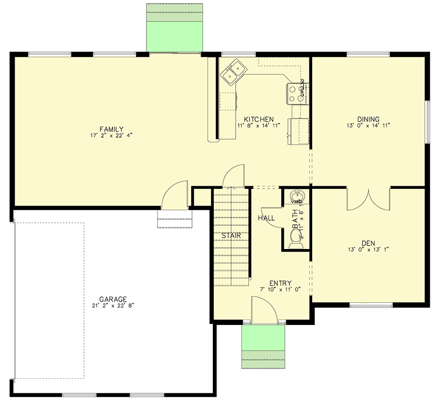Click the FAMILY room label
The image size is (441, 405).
(112, 129)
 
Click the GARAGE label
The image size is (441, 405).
(113, 299)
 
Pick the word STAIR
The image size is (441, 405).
(231, 235)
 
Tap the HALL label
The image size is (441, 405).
(266, 218)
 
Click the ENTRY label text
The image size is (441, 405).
(280, 283)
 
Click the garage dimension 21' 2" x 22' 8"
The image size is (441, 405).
(113, 305)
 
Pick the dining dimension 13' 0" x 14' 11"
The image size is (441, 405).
(368, 126)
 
